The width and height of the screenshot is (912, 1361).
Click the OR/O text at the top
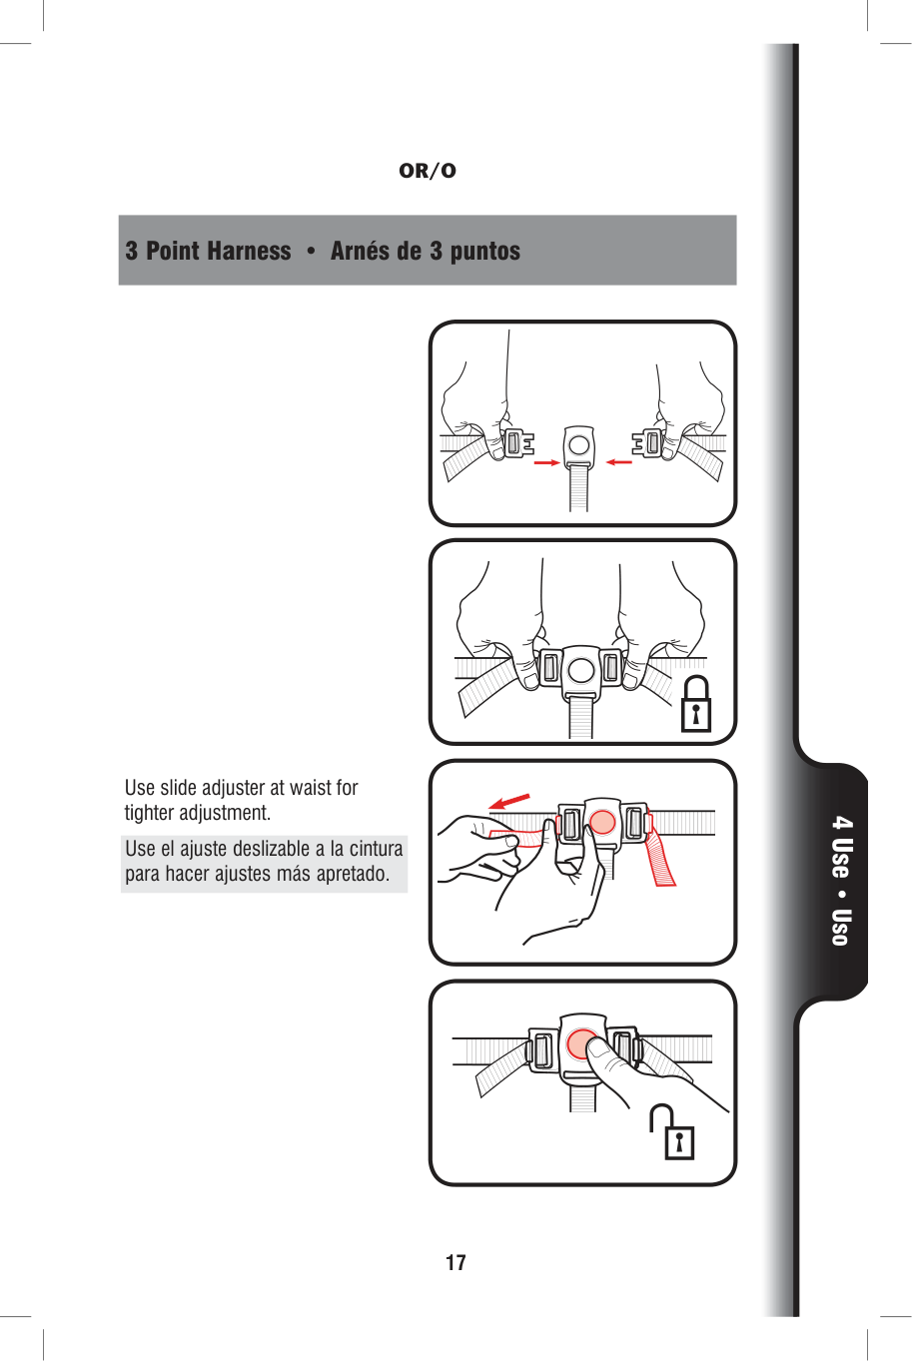pos(428,171)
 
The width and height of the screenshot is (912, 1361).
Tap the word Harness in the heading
pos(249,251)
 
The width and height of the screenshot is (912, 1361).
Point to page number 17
pos(456,1263)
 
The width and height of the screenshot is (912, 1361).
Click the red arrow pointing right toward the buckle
pos(546,463)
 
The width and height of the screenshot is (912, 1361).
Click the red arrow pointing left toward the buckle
pos(619,462)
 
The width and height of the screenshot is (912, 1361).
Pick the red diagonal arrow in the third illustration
pos(509,801)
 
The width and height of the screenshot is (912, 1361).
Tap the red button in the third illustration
pos(602,822)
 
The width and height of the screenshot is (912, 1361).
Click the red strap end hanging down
pos(660,858)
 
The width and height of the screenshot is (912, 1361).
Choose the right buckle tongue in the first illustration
pos(649,442)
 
